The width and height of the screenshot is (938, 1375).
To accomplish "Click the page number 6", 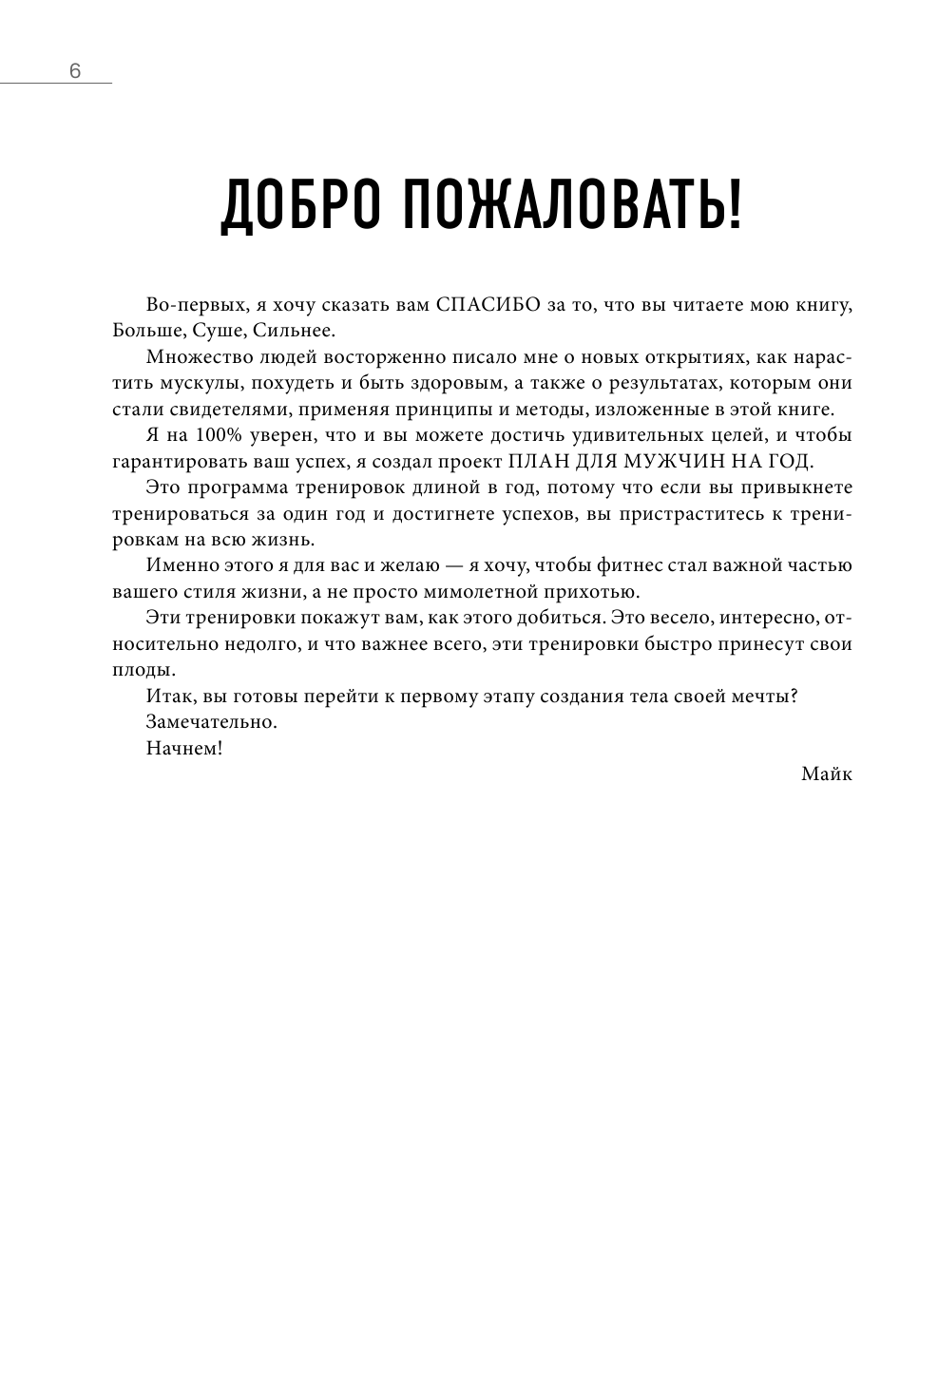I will [75, 71].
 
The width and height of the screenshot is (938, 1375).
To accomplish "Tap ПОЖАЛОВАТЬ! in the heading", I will [569, 206].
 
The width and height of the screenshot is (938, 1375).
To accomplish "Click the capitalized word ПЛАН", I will [539, 462].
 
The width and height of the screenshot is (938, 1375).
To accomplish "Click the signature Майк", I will [826, 773].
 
